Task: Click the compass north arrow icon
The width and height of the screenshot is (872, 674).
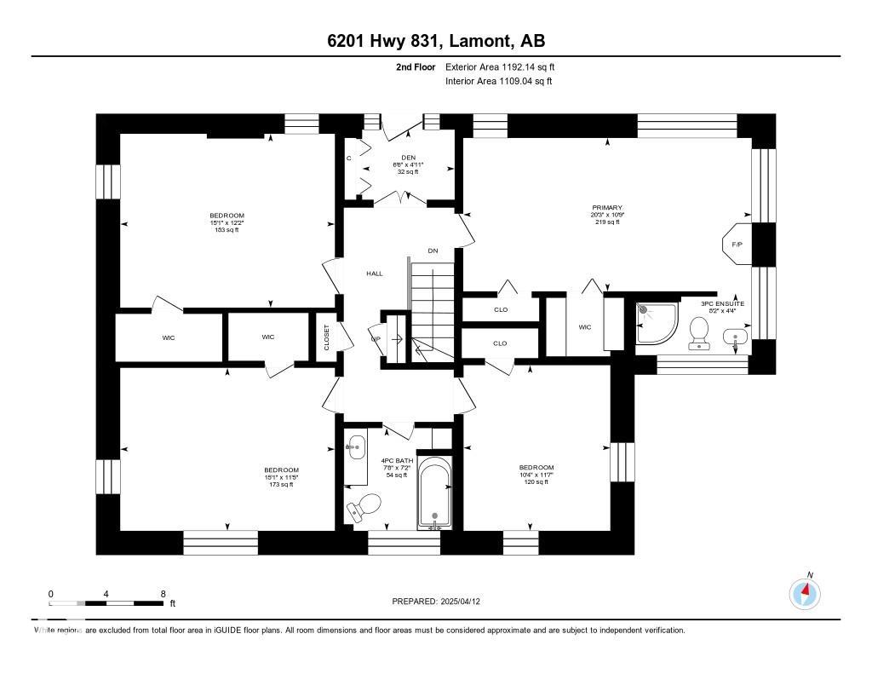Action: tap(805, 593)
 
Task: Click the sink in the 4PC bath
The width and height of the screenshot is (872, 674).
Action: tap(356, 445)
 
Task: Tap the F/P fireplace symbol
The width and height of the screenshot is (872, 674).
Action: tap(737, 245)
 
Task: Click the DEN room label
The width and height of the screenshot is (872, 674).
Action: tap(407, 157)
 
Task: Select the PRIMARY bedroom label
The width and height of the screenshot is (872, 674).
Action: tap(608, 208)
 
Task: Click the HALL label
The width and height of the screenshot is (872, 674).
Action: tap(375, 274)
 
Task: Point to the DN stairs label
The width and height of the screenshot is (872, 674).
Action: tap(433, 251)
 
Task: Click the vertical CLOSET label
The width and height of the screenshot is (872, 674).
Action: tap(325, 337)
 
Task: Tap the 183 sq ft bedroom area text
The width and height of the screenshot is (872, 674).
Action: tap(227, 230)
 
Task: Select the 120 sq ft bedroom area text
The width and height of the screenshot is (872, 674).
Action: tap(536, 482)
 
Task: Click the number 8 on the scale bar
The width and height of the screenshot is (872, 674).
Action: tap(162, 594)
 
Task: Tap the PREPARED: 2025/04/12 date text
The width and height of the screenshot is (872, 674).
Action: tap(442, 602)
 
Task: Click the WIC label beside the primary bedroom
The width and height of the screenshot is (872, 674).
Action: tap(585, 327)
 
